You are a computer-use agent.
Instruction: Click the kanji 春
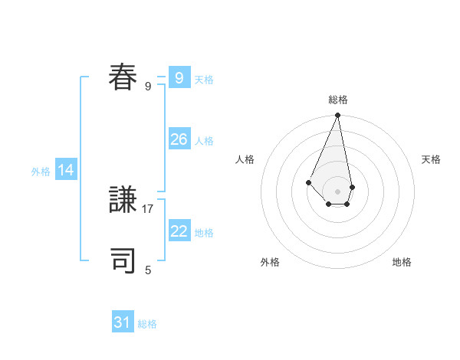pos(123,77)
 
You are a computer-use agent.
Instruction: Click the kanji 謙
pos(123,201)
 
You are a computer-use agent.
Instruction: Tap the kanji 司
pos(123,260)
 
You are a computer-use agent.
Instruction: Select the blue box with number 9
pos(179,77)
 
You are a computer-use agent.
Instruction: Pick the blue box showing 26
pos(179,139)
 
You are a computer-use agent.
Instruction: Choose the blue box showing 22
pos(179,231)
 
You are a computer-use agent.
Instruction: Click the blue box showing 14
pos(66,170)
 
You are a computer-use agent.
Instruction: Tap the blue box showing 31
pos(123,322)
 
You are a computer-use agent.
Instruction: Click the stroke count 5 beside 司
pos(148,270)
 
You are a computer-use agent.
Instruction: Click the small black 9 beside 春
pos(148,86)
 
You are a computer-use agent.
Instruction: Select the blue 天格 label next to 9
pos(204,80)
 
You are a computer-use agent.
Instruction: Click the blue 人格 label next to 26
pos(204,141)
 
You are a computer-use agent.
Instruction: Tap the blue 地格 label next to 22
pos(204,233)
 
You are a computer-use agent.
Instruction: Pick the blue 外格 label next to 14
pos(41,172)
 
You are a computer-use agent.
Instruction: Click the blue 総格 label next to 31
pos(147,324)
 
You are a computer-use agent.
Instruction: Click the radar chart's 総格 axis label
pos(338,100)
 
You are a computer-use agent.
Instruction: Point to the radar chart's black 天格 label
pos(432,159)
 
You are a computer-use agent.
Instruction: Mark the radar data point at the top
pos(338,116)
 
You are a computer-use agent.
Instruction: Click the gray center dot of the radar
pos(338,191)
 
